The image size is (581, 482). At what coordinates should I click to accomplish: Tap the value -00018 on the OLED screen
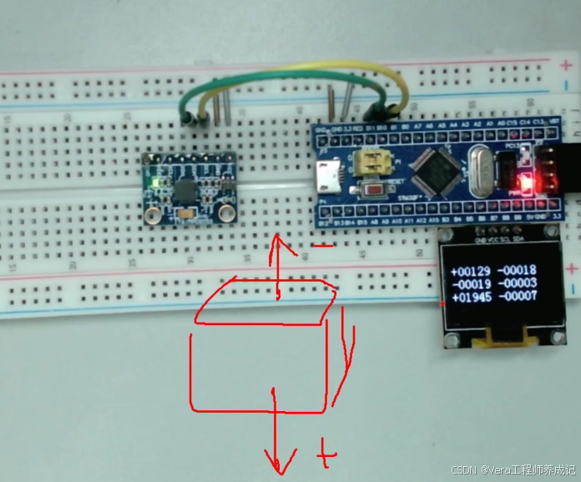(516, 272)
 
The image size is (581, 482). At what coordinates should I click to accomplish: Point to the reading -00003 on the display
(516, 284)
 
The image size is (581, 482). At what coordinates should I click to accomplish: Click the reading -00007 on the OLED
(516, 297)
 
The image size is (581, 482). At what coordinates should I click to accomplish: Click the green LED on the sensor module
(155, 181)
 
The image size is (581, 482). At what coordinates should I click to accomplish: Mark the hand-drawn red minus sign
(326, 245)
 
